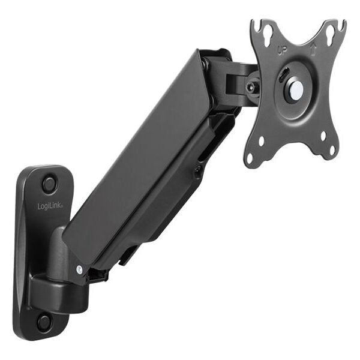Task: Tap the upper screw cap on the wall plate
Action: click(49, 181)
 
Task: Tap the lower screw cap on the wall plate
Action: click(44, 321)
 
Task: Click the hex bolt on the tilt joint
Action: click(252, 87)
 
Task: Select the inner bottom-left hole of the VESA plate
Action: click(262, 142)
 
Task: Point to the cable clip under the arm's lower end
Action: click(96, 275)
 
